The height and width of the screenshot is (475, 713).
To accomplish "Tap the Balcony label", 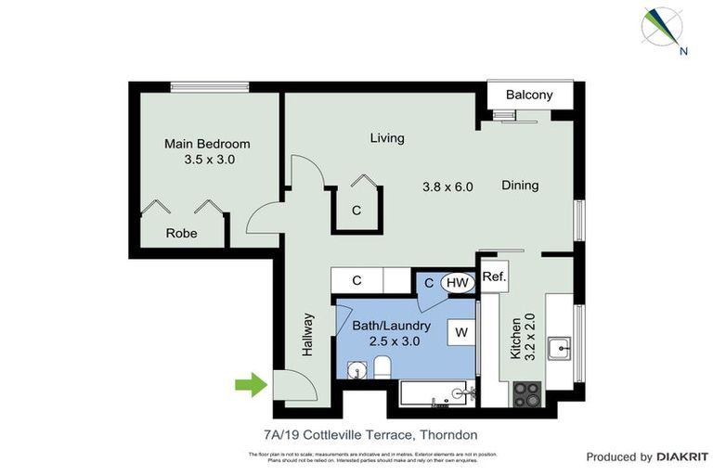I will click(x=529, y=95).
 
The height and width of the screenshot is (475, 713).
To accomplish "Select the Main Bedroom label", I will click(x=207, y=144).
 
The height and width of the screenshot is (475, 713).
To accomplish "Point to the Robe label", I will click(x=181, y=234).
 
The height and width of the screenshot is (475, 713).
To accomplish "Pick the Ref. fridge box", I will click(x=493, y=277).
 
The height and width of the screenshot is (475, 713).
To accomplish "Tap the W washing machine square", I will click(x=460, y=331).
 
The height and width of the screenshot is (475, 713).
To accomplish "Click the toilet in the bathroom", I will click(x=382, y=371).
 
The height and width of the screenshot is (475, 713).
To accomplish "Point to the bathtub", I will click(x=437, y=393).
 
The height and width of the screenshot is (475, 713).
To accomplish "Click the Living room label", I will click(x=387, y=138).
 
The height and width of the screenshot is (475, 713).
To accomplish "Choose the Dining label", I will click(x=520, y=186).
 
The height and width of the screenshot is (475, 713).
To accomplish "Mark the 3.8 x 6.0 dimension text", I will click(x=447, y=186).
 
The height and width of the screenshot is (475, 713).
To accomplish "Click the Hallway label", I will click(x=308, y=334).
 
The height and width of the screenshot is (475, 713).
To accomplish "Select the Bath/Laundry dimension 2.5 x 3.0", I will click(x=395, y=341).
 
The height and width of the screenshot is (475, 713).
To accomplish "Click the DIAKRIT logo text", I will click(x=682, y=456).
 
